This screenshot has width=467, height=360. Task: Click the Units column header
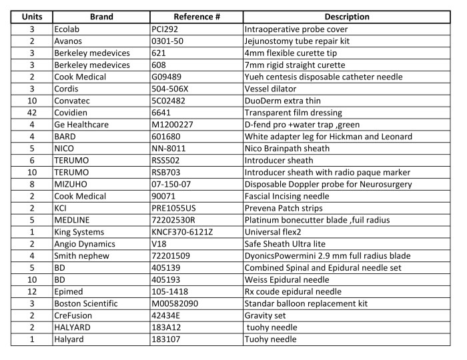click(28, 17)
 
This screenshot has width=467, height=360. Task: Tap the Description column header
click(347, 17)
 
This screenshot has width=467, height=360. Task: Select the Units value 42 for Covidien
click(28, 113)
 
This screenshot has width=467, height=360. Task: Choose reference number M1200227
click(175, 125)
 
